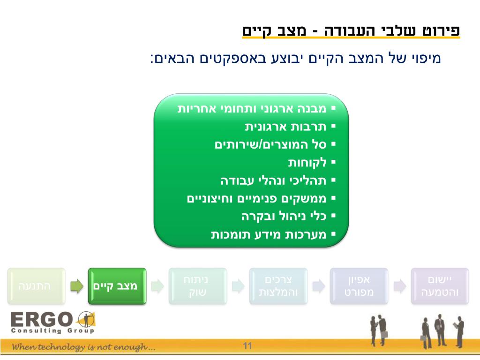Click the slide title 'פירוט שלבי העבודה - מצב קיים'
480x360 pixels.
351,31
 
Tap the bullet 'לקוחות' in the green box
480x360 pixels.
307,163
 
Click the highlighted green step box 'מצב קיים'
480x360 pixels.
117,286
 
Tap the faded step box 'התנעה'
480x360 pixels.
36,286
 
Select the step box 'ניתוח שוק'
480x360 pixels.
198,286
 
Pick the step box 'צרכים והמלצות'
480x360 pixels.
278,286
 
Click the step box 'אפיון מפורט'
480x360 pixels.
359,286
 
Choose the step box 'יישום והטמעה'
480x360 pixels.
440,286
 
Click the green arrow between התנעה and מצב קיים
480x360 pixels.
76,286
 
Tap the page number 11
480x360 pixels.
247,346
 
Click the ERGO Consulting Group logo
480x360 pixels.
52,322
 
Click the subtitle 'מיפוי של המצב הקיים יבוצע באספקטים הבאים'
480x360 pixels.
295,59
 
